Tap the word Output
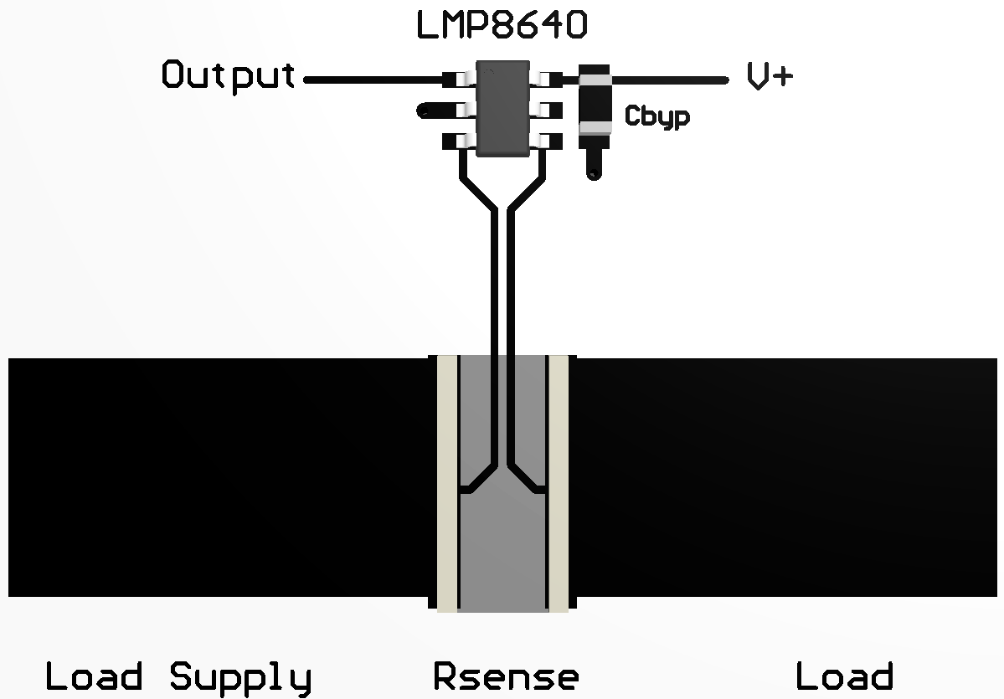(x=228, y=76)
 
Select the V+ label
(x=770, y=77)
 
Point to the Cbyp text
(x=657, y=116)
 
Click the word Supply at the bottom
(x=241, y=676)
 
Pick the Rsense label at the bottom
(x=505, y=676)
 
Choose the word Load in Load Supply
(x=93, y=676)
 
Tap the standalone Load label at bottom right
(x=844, y=676)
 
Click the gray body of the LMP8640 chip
(x=502, y=109)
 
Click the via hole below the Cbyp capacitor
(x=594, y=173)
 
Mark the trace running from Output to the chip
(x=373, y=80)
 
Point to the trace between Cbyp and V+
(x=670, y=80)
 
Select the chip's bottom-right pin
(x=550, y=141)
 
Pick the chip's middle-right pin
(x=550, y=111)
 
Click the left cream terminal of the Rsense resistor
(x=447, y=481)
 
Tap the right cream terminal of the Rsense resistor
(x=559, y=481)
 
